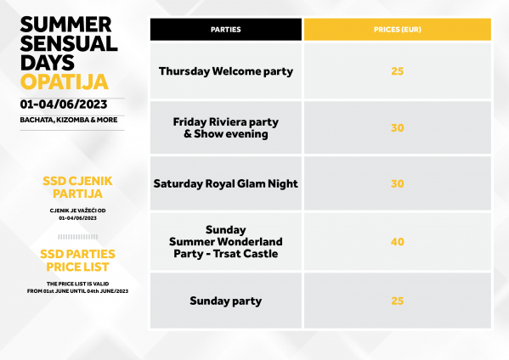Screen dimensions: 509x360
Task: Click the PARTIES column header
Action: (x=226, y=30)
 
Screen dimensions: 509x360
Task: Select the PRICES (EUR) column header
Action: (x=398, y=30)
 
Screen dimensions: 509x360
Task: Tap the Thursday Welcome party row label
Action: (x=226, y=71)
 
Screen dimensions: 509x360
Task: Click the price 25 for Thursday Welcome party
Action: (x=398, y=71)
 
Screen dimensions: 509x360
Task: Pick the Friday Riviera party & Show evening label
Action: (x=226, y=128)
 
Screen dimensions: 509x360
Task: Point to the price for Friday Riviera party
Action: (x=398, y=128)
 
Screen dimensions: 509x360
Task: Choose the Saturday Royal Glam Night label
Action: (x=226, y=184)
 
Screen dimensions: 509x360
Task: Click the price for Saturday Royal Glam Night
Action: (x=398, y=184)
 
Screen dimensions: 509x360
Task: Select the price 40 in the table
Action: (x=398, y=242)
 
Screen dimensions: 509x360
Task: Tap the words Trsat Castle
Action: (x=246, y=254)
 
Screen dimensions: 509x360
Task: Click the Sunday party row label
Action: (x=226, y=301)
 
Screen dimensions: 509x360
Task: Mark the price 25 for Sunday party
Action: (x=398, y=301)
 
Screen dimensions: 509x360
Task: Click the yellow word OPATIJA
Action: (x=65, y=82)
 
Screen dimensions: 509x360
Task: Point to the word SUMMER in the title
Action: (x=66, y=25)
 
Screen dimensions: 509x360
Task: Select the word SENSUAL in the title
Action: (x=69, y=44)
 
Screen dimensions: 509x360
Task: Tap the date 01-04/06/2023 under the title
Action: (x=64, y=104)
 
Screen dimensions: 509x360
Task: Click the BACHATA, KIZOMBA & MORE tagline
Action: (x=69, y=120)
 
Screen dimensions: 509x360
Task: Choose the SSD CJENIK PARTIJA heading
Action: (x=77, y=187)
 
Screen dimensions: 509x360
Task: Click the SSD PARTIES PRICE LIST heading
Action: (x=77, y=261)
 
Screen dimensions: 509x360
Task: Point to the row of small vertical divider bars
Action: (x=78, y=237)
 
